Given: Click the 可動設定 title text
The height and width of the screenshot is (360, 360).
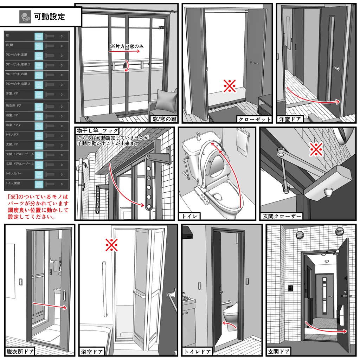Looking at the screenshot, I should pos(49,16).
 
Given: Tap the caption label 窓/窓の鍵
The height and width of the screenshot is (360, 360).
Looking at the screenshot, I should pos(163,119).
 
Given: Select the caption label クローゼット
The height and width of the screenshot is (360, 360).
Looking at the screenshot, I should pos(255,119).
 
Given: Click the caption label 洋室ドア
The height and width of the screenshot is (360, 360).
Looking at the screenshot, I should pos(289,119).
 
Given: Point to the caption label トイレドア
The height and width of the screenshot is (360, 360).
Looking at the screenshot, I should pos(198,352).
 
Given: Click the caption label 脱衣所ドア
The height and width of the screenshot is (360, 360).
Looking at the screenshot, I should pos(20,352).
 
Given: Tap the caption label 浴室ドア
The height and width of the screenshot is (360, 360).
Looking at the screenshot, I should pos(92,352).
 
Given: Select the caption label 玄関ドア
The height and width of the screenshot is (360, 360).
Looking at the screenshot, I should pos(279,352).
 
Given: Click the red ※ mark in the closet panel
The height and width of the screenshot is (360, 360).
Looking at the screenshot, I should pos(230,85).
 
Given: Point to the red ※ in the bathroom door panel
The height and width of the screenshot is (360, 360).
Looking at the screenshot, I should pos(111,245).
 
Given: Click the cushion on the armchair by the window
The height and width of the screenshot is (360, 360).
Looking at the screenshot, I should pos(165,101).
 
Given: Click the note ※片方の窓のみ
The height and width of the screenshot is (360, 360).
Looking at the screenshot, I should pos(127,46).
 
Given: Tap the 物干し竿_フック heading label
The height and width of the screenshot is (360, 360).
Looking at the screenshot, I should pos(97,131).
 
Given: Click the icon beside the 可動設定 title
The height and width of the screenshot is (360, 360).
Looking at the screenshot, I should pos(25,16).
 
